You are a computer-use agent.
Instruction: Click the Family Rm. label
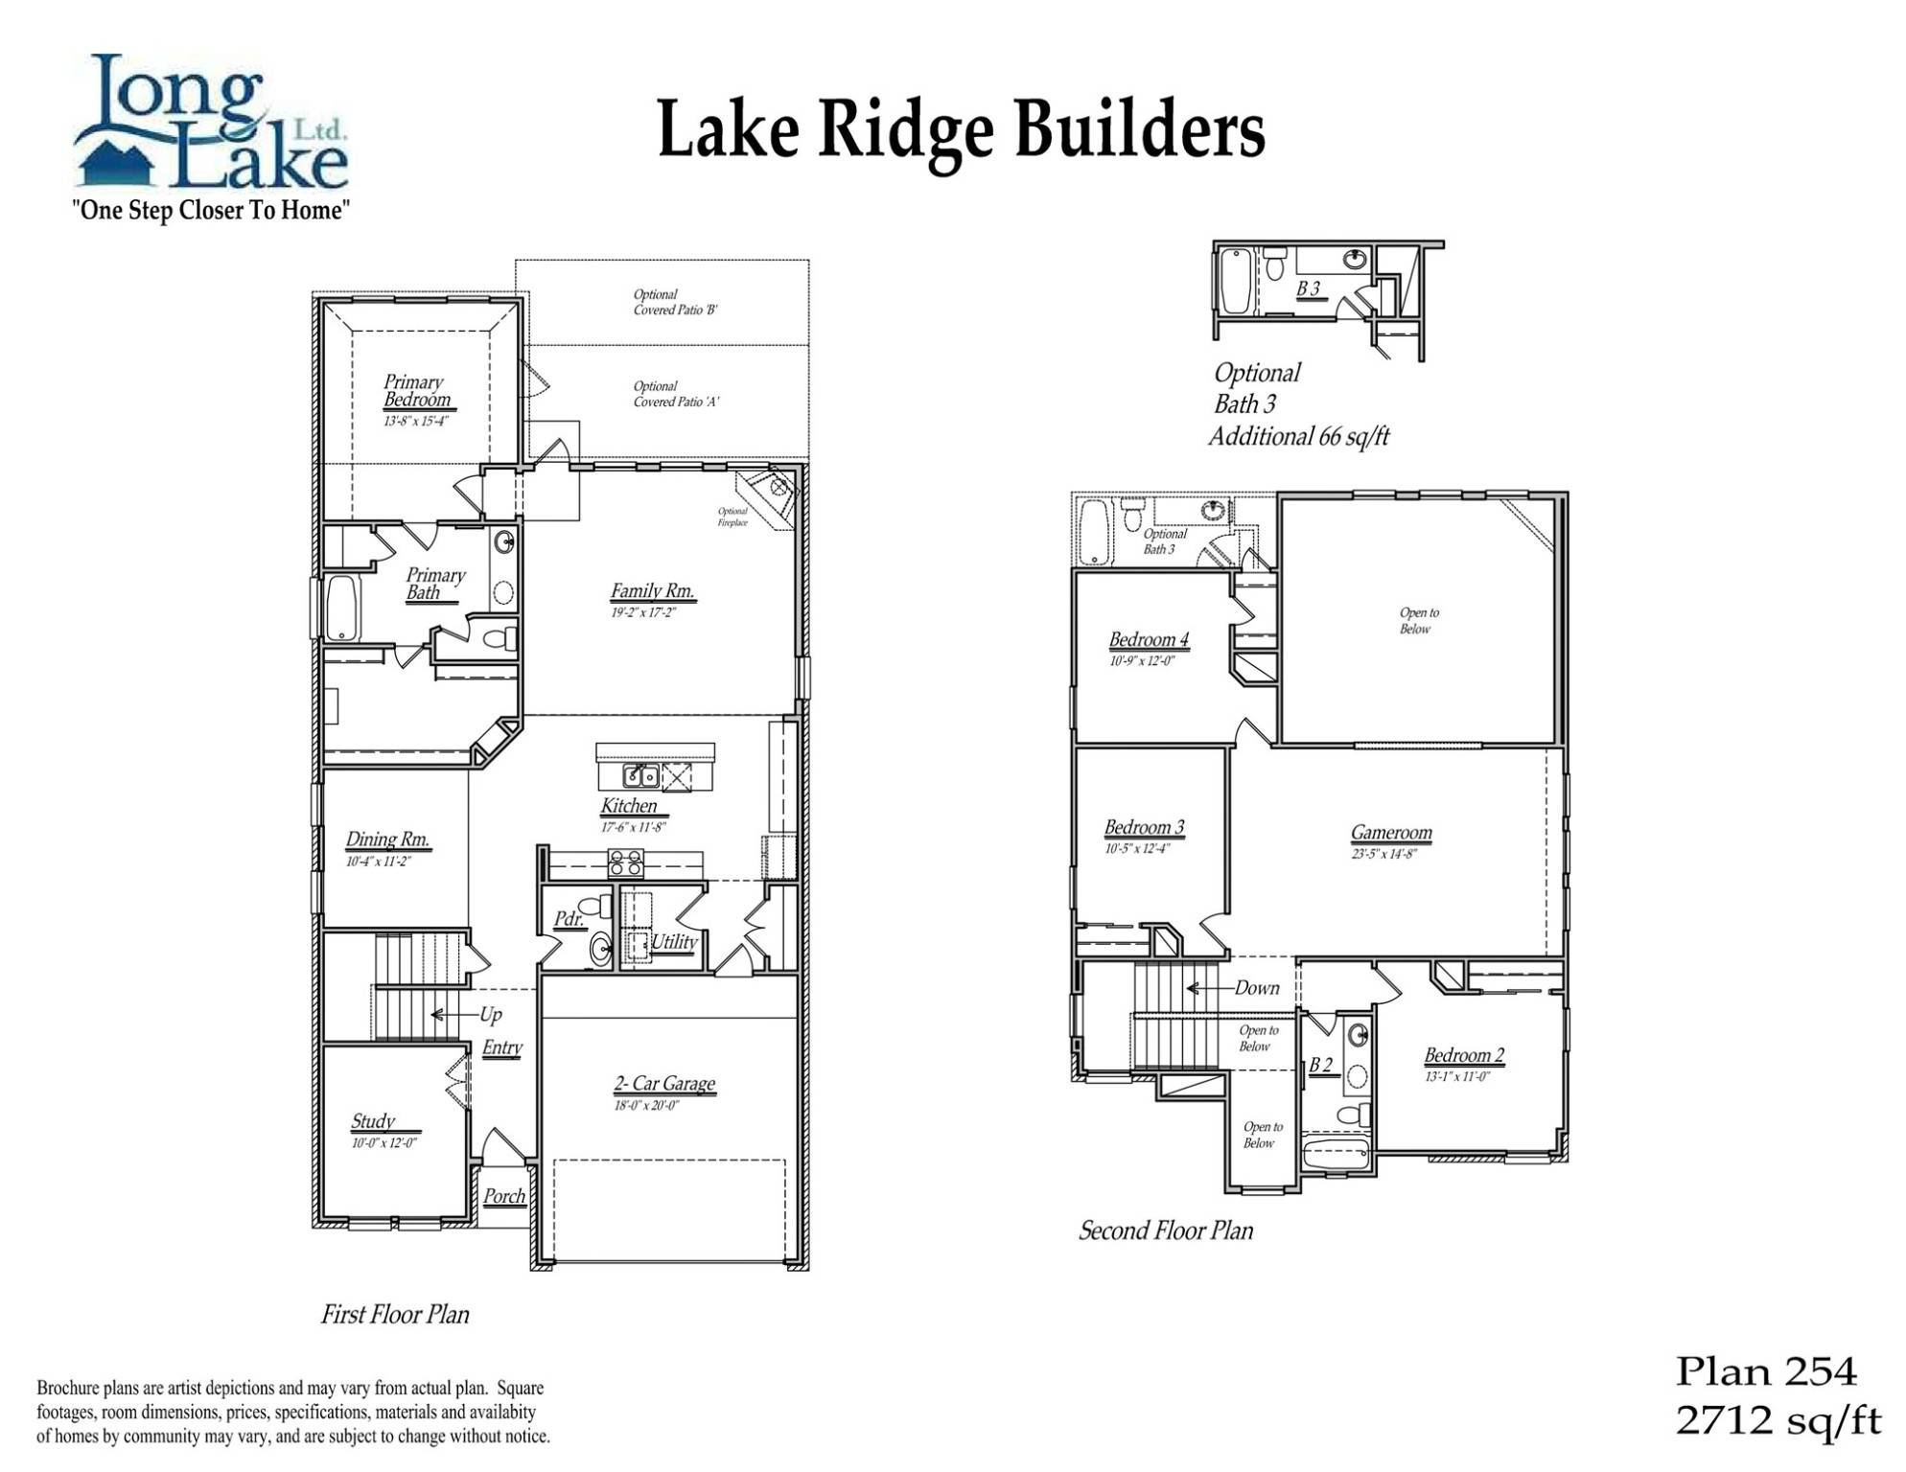pyautogui.click(x=652, y=591)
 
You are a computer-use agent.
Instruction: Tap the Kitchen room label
pyautogui.click(x=629, y=806)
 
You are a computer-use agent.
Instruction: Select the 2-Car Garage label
pyautogui.click(x=664, y=1084)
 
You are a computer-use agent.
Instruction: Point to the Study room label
pyautogui.click(x=373, y=1121)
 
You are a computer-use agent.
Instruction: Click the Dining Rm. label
pyautogui.click(x=387, y=839)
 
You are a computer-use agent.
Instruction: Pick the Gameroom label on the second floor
pyautogui.click(x=1391, y=833)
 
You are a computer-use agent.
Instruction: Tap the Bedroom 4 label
pyautogui.click(x=1149, y=639)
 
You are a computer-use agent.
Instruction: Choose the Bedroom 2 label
pyautogui.click(x=1463, y=1055)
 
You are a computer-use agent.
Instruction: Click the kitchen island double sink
pyautogui.click(x=640, y=775)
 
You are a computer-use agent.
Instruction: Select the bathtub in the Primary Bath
pyautogui.click(x=342, y=609)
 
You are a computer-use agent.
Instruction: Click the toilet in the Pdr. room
pyautogui.click(x=596, y=906)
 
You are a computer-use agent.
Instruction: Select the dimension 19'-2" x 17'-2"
pyautogui.click(x=643, y=612)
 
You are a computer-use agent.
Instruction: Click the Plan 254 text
pyautogui.click(x=1765, y=1372)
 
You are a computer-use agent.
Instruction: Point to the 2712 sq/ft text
pyautogui.click(x=1778, y=1420)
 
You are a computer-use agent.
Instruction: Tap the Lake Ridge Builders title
pyautogui.click(x=961, y=131)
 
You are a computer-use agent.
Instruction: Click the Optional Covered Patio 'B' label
pyautogui.click(x=675, y=302)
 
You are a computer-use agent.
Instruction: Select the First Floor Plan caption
pyautogui.click(x=395, y=1314)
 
